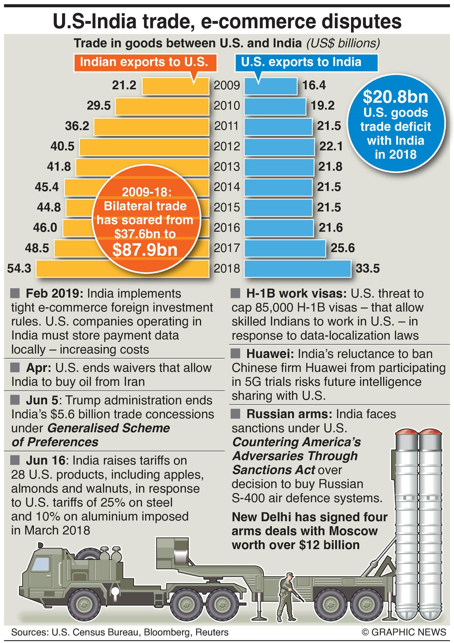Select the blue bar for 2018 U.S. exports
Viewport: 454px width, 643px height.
[297, 269]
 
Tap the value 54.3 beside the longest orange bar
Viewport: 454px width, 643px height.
[19, 269]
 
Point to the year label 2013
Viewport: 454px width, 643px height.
[227, 167]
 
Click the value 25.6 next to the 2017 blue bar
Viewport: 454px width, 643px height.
[343, 248]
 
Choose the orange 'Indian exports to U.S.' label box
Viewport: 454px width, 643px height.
[145, 62]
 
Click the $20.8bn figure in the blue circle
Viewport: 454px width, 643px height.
[395, 97]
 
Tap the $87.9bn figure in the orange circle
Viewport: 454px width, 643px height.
[145, 250]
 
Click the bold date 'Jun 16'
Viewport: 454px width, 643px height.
[46, 460]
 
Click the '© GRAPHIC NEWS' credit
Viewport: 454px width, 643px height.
[404, 632]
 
